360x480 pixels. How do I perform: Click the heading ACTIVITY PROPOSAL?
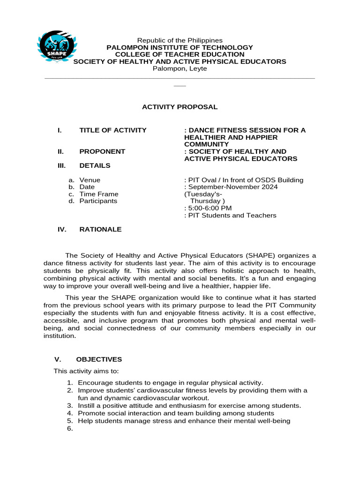pyautogui.click(x=180, y=107)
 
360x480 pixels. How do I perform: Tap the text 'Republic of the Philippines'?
pyautogui.click(x=180, y=40)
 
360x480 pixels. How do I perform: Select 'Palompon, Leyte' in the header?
pyautogui.click(x=180, y=68)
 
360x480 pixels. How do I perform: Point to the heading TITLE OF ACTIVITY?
pyautogui.click(x=112, y=130)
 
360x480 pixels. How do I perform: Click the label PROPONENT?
pyautogui.click(x=102, y=151)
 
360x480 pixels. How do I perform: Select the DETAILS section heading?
pyautogui.click(x=95, y=165)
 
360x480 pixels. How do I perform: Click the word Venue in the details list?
pyautogui.click(x=90, y=180)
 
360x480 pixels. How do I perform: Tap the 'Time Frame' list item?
pyautogui.click(x=98, y=194)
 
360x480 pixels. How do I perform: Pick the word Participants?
pyautogui.click(x=98, y=201)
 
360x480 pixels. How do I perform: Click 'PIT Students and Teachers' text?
pyautogui.click(x=232, y=216)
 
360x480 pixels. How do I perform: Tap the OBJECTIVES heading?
pyautogui.click(x=99, y=360)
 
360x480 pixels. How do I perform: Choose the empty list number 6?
pyautogui.click(x=70, y=428)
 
